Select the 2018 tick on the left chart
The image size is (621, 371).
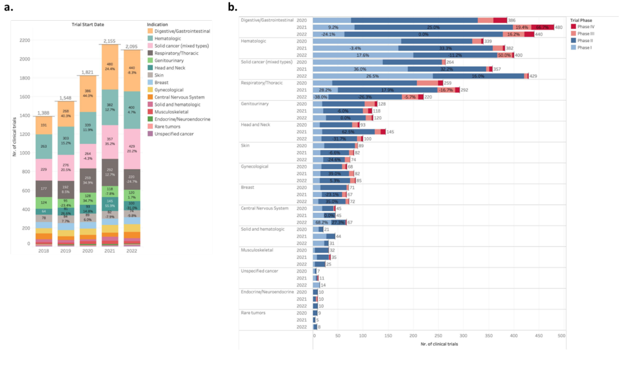(44, 251)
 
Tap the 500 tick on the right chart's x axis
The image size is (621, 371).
(561, 335)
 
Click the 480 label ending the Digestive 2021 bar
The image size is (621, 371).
(558, 27)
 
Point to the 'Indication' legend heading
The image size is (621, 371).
(158, 24)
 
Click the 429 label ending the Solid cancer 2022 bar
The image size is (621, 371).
(534, 75)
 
